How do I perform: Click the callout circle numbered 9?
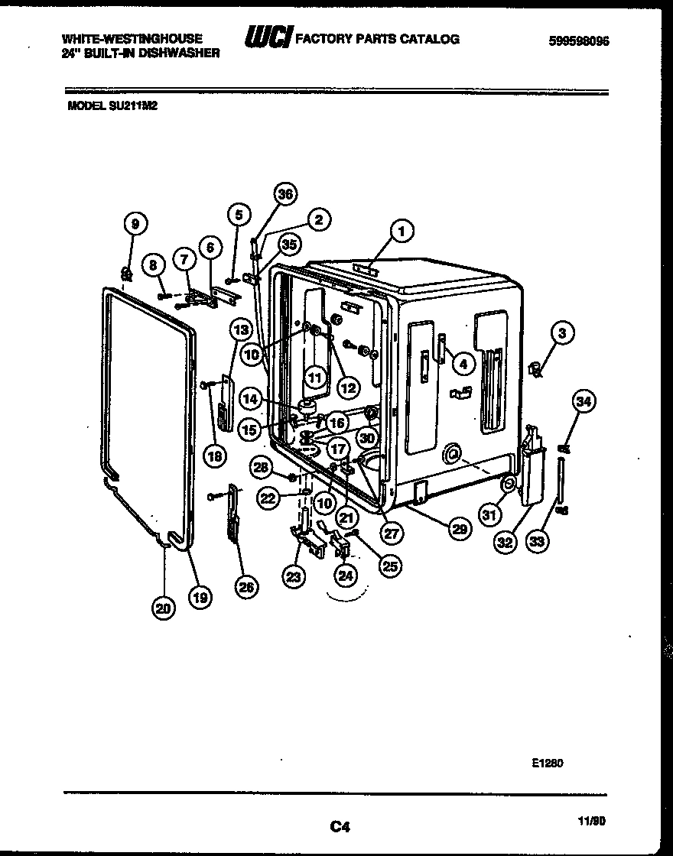135,224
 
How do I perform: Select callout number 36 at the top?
284,194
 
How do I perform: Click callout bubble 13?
241,330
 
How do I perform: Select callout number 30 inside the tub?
367,438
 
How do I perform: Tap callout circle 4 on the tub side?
462,365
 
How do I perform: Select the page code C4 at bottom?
340,825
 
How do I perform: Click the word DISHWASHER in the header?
183,53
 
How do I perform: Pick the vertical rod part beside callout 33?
561,483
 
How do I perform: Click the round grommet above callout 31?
507,483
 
